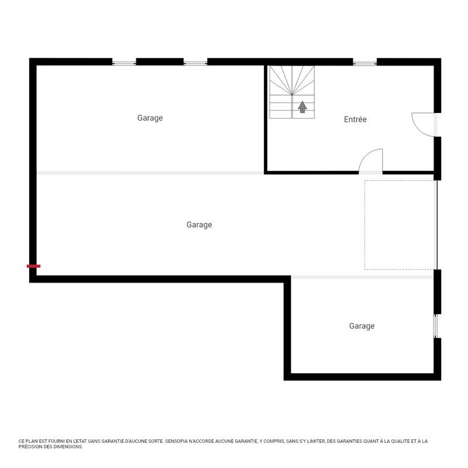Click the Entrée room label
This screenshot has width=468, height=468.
355,119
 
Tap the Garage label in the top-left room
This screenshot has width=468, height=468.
150,118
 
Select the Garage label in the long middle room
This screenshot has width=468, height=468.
199,225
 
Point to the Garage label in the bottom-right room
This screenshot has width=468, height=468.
362,326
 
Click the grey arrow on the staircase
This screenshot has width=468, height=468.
302,107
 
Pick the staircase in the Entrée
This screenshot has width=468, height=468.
292,92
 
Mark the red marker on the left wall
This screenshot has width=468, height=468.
33,266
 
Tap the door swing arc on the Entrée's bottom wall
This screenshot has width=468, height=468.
370,161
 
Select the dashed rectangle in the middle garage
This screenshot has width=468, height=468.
400,225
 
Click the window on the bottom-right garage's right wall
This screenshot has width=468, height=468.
435,326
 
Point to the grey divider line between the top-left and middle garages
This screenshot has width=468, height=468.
150,173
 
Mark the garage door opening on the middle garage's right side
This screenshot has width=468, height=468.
436,225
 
